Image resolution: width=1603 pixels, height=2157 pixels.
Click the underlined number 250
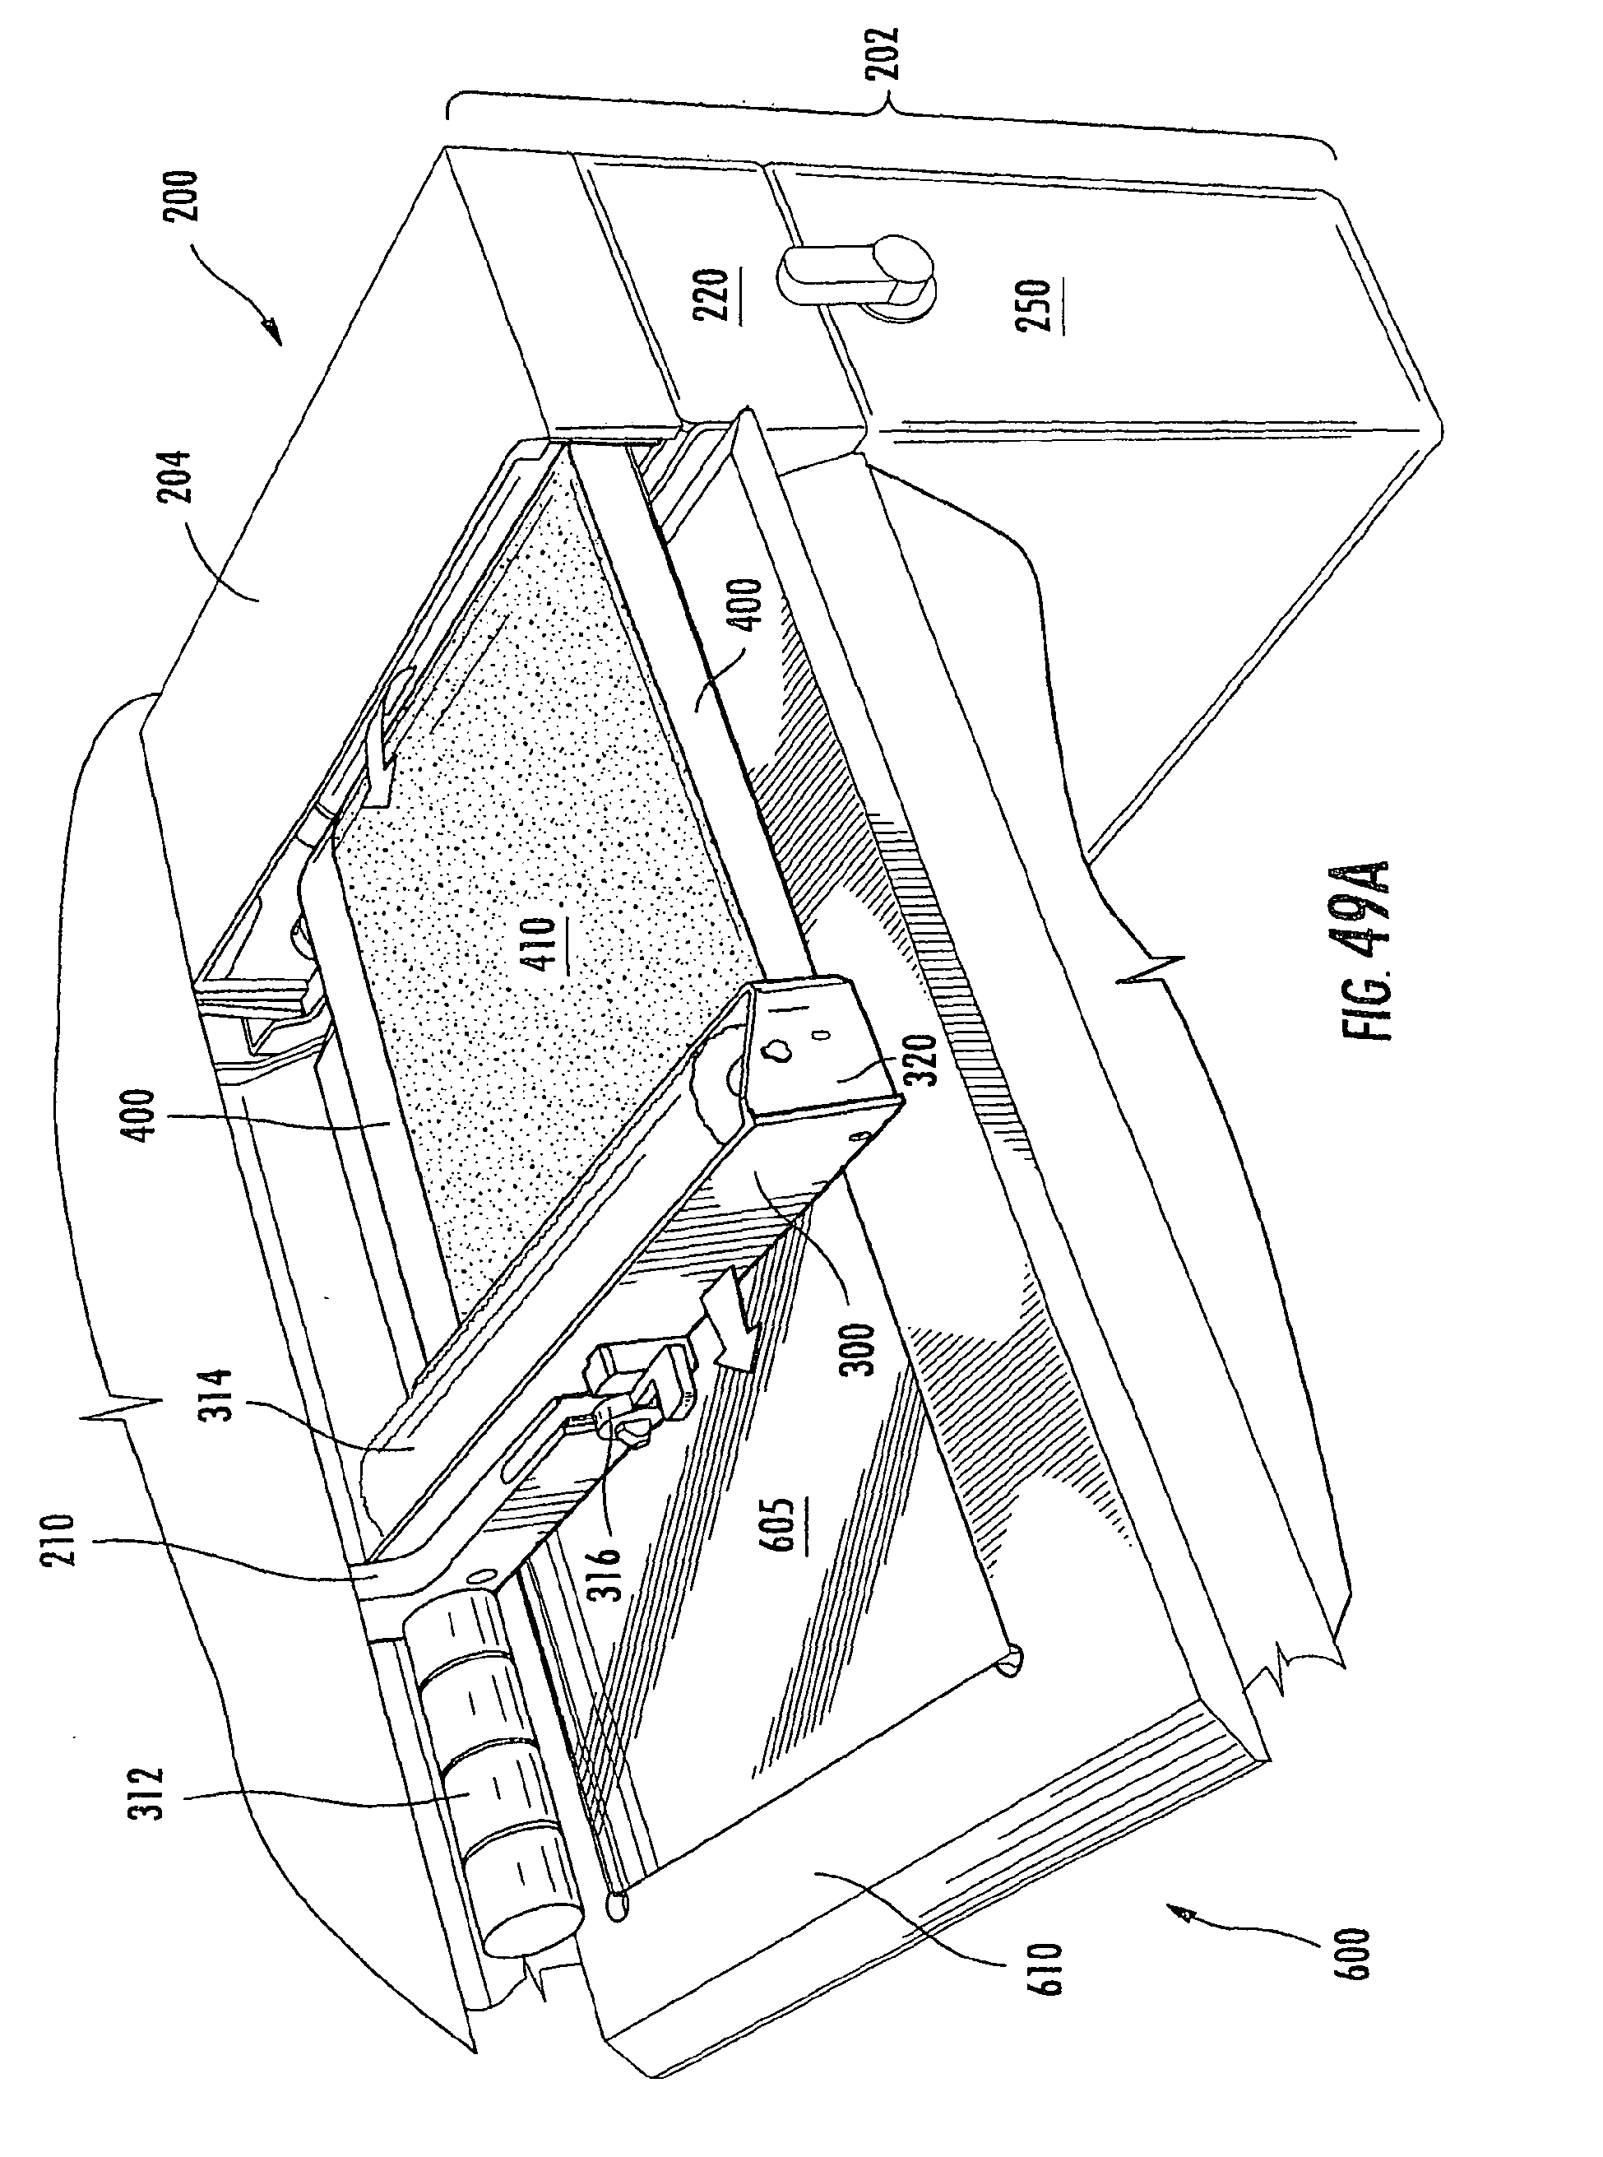(x=1036, y=304)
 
